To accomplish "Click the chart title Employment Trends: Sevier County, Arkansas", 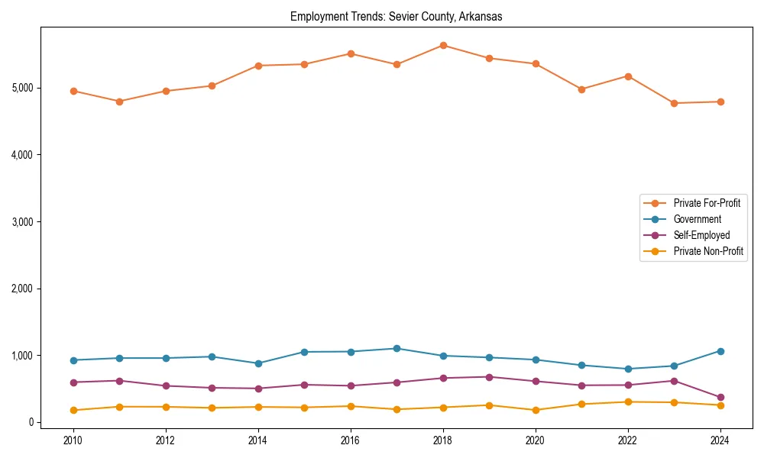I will coord(396,17).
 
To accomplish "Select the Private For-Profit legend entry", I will coord(707,203).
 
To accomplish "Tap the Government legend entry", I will coord(697,219).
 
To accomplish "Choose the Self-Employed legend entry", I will coord(701,235).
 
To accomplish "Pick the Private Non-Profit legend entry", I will coord(708,251).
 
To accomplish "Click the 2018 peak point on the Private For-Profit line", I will coord(443,46).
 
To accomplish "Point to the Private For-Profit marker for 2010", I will coord(73,91).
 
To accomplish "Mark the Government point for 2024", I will coord(720,351).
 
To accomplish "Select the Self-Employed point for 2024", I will coord(720,398).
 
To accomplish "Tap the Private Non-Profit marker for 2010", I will coord(73,410).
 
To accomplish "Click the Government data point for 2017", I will coord(397,349).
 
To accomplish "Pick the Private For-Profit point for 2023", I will coord(674,103).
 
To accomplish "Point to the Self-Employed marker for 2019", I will coord(489,377).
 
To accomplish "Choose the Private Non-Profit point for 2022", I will coord(628,402).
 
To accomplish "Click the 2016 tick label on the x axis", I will coord(351,440).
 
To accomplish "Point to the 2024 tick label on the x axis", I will coord(720,440).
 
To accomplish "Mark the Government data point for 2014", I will coord(258,363).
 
